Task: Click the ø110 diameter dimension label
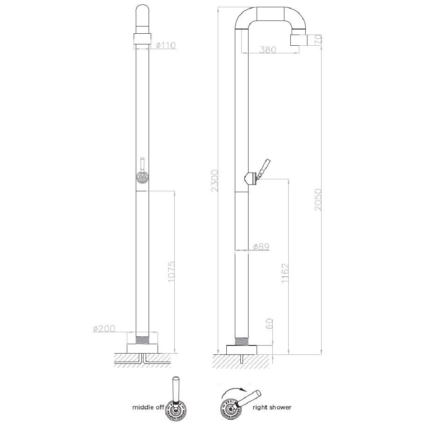pos(166,45)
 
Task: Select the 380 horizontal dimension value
pos(268,50)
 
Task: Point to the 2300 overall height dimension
pos(215,181)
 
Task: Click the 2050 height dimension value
pos(318,199)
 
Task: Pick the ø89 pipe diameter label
pos(261,247)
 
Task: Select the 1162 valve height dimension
pos(285,273)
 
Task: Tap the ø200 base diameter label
pos(104,329)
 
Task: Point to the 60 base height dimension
pos(269,324)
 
